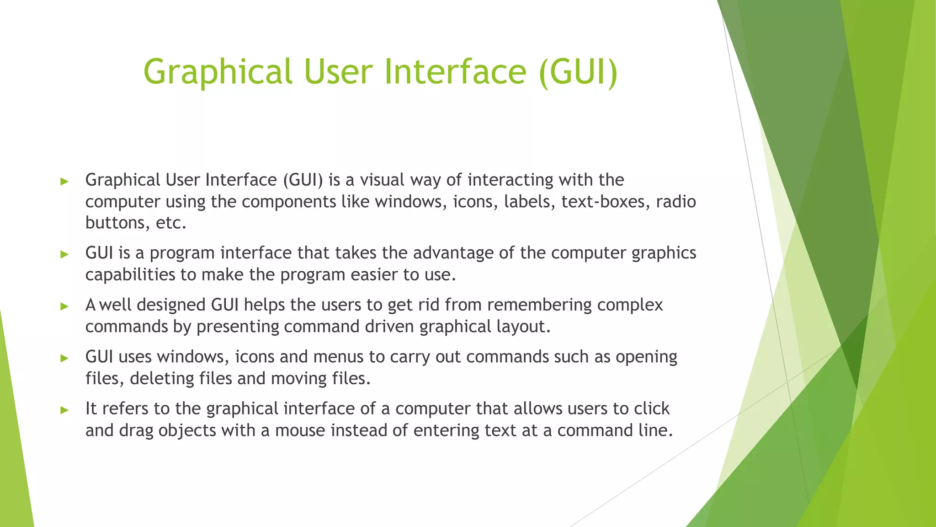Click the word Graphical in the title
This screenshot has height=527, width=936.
pos(218,72)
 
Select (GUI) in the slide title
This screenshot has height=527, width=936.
pos(578,72)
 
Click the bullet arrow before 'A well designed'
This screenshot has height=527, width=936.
pos(64,306)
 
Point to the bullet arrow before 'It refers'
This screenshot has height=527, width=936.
pos(64,410)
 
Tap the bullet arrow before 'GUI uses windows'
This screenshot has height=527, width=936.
pos(64,358)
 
